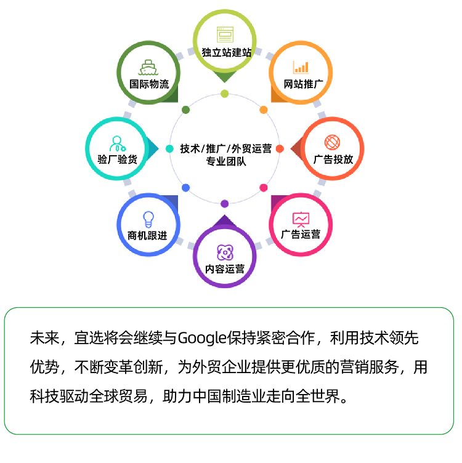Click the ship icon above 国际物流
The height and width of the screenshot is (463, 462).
pyautogui.click(x=148, y=67)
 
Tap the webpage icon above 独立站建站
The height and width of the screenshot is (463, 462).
pyautogui.click(x=225, y=34)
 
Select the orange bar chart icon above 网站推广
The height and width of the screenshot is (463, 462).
pyautogui.click(x=301, y=67)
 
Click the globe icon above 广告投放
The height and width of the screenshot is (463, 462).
pyautogui.click(x=332, y=142)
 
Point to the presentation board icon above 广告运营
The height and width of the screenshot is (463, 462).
pyautogui.click(x=301, y=219)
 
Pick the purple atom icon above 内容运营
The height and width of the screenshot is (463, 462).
pyautogui.click(x=225, y=252)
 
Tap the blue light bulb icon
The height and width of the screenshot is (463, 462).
pyautogui.click(x=148, y=219)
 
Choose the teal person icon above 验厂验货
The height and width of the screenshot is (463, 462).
pyautogui.click(x=117, y=144)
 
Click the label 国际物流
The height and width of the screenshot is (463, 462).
pyautogui.click(x=149, y=84)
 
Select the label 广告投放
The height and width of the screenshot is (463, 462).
pyautogui.click(x=333, y=159)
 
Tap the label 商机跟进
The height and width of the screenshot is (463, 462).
pyautogui.click(x=147, y=236)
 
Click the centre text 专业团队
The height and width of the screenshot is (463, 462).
pyautogui.click(x=226, y=161)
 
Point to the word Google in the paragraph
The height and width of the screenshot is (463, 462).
pyautogui.click(x=202, y=338)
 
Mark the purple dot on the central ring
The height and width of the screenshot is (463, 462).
pyautogui.click(x=224, y=204)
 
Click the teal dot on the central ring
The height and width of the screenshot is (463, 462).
pyautogui.click(x=169, y=149)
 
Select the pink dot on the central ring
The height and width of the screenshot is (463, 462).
pyautogui.click(x=264, y=188)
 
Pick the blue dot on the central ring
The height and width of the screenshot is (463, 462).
pyautogui.click(x=186, y=188)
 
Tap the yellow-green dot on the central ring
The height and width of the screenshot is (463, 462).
pyautogui.click(x=224, y=94)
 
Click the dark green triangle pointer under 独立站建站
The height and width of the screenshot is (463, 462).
pyautogui.click(x=224, y=76)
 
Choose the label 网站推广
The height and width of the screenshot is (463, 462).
pyautogui.click(x=303, y=84)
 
